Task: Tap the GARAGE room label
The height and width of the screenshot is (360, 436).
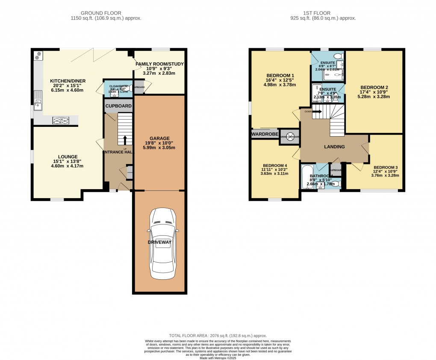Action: point(159,138)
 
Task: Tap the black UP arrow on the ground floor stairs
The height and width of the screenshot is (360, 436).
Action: point(125,140)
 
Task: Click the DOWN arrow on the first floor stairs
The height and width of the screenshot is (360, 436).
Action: point(316,112)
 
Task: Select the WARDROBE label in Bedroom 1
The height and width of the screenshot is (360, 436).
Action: point(265,134)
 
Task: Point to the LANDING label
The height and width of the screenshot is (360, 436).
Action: point(334,147)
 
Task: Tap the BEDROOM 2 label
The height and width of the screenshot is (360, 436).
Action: point(374,87)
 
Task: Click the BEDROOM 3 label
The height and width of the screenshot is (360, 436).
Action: point(385,167)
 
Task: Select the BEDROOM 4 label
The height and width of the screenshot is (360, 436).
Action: point(275,166)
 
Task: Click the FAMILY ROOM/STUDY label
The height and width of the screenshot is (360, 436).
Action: point(159,64)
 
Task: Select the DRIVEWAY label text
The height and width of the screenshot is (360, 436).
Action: point(159,242)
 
